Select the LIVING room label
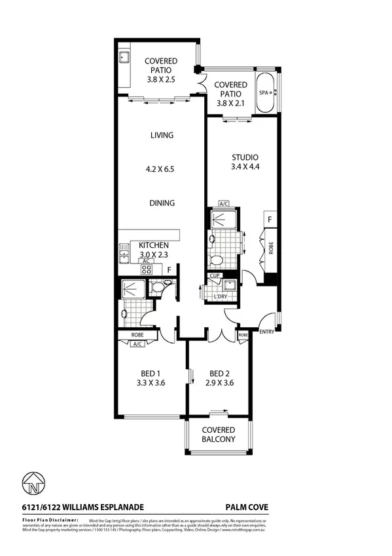[161, 136]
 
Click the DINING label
[161, 203]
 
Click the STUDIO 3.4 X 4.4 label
[245, 162]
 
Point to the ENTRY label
[267, 332]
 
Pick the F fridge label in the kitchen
[169, 269]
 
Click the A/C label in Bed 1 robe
[137, 344]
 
